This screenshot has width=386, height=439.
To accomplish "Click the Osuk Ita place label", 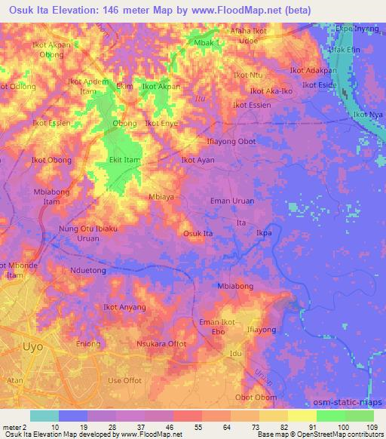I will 198,234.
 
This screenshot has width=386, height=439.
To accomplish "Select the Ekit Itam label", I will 126,160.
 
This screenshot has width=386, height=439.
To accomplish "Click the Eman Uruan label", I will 231,201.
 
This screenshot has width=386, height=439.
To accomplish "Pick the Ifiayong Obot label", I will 231,142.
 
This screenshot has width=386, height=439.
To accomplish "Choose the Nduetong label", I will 88,269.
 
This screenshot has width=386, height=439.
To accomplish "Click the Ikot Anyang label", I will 124,307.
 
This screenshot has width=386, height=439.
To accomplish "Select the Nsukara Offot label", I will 161,343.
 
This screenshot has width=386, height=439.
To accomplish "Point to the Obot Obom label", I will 253,398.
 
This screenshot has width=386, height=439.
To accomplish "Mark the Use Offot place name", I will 125,380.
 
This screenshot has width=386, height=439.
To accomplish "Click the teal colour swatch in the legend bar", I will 44,416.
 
